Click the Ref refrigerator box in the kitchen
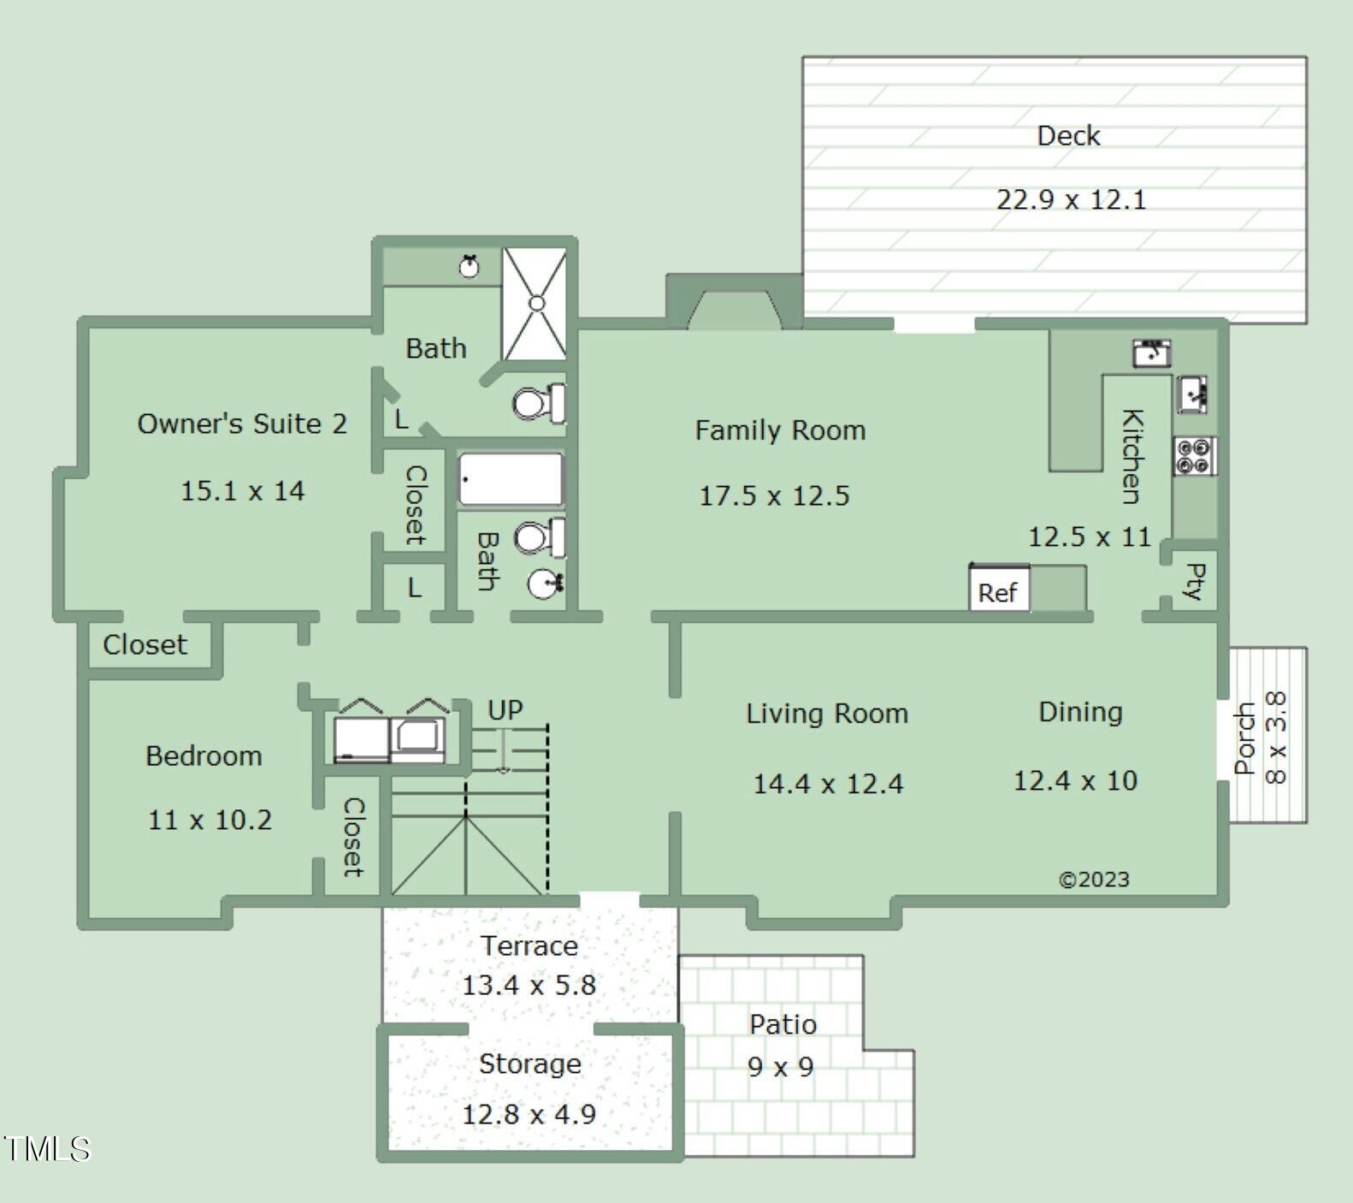999,589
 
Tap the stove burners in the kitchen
1195,455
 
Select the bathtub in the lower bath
511,479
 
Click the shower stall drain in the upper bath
536,303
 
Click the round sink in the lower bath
545,584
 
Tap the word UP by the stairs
505,710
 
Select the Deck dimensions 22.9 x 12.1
1071,199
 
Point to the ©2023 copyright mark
1094,880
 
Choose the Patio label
783,1024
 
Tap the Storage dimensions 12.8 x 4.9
529,1114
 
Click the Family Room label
780,430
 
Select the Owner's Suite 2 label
242,424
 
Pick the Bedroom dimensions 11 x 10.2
210,820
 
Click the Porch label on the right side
1245,738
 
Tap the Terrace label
529,945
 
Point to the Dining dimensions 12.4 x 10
1075,780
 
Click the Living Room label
827,714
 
